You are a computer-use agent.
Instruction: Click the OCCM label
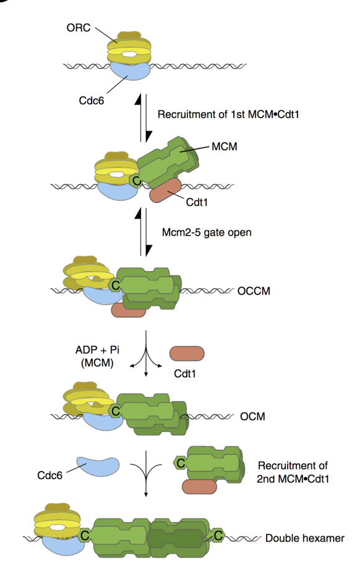pyautogui.click(x=254, y=291)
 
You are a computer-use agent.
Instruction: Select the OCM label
pyautogui.click(x=252, y=416)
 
